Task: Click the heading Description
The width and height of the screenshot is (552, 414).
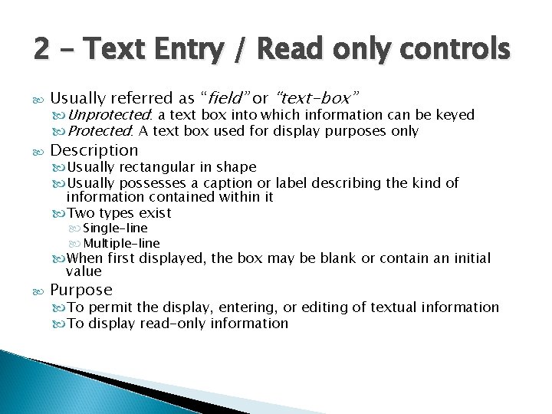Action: click(x=94, y=149)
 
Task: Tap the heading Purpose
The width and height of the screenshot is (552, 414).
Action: click(x=80, y=290)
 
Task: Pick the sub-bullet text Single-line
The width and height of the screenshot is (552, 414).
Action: click(x=116, y=228)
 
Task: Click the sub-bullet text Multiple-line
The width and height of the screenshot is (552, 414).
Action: click(x=121, y=243)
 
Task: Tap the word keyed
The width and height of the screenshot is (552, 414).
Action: click(x=455, y=116)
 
